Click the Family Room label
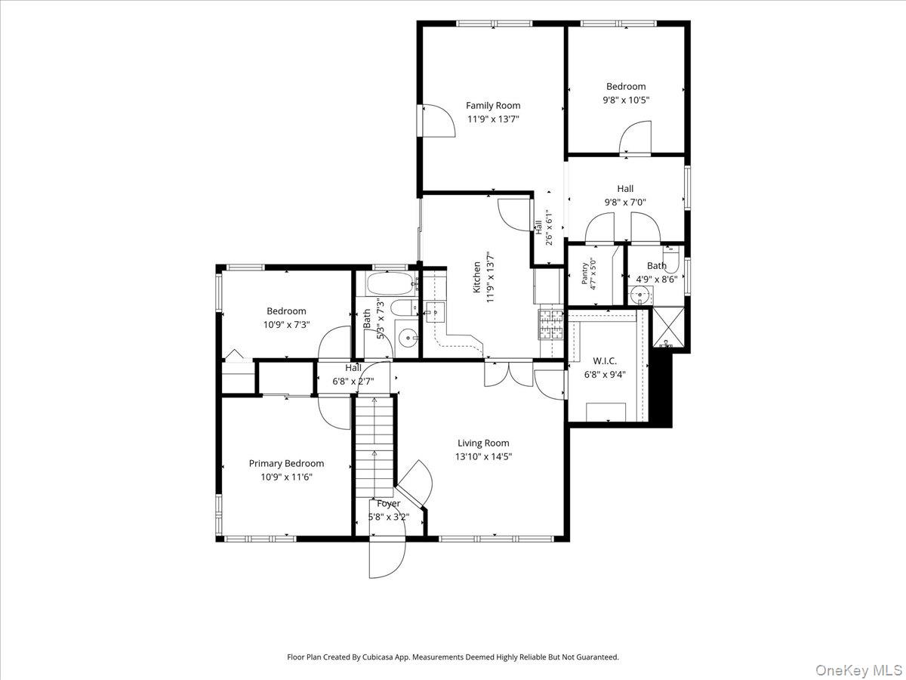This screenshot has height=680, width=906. point(493,106)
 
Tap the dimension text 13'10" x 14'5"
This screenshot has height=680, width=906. point(483,456)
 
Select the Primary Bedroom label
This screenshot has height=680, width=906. point(286,464)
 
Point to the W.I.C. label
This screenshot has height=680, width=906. point(605,361)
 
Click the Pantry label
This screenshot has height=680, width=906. point(584,274)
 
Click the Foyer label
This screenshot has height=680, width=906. point(388,504)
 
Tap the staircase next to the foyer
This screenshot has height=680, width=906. point(374,446)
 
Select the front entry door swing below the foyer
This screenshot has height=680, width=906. point(387,559)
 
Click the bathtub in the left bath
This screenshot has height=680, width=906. point(391,283)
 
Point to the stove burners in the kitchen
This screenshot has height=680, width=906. point(550,324)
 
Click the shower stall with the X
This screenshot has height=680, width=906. point(668,327)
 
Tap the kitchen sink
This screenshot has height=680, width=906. point(435,312)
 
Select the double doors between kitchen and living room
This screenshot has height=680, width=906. point(509,375)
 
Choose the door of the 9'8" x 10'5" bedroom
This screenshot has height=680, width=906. point(635,138)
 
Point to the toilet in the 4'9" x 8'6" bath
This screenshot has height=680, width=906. point(671,260)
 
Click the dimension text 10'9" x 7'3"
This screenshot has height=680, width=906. point(286,325)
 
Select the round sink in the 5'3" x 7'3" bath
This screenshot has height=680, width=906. point(408,338)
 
